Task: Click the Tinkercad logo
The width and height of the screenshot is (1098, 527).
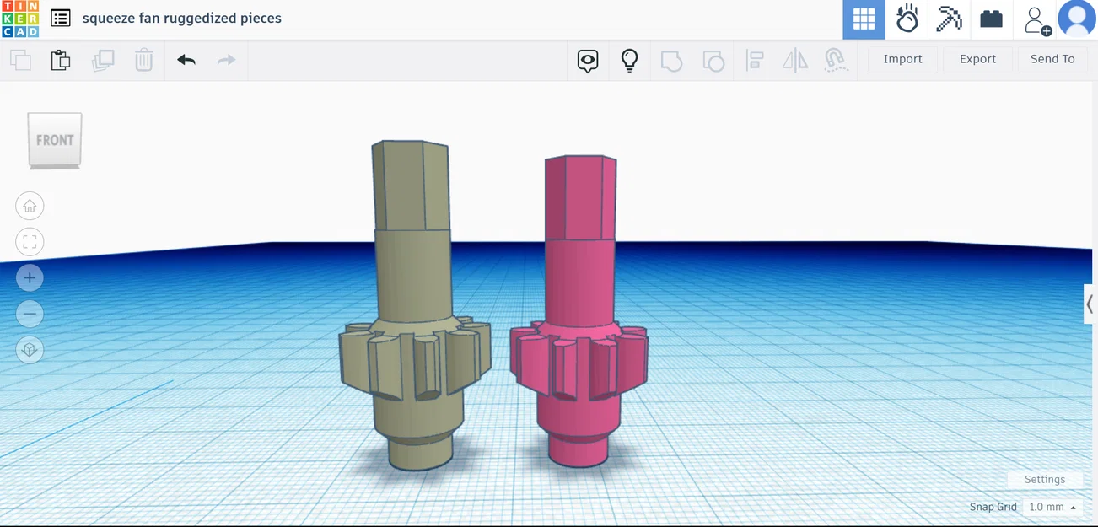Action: [x=20, y=19]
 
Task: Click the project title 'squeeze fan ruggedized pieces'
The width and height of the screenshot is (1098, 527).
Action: [x=181, y=18]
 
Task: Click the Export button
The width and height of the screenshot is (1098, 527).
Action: [x=977, y=59]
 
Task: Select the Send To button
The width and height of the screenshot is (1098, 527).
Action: [x=1052, y=59]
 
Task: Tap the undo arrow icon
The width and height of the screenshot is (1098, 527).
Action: [x=186, y=60]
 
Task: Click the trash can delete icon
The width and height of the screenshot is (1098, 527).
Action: [x=144, y=60]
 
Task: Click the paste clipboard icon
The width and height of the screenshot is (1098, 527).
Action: [x=61, y=60]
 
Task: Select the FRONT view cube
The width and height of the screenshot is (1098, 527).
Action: [x=55, y=140]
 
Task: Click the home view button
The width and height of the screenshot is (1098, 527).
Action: [x=30, y=206]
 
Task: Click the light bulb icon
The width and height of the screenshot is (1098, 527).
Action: [x=629, y=60]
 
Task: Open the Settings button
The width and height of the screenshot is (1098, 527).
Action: [x=1044, y=479]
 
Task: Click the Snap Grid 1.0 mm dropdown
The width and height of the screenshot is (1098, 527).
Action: [x=1052, y=507]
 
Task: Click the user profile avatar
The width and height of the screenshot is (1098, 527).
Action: [x=1077, y=19]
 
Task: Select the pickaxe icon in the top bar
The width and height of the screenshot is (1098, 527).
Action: [x=949, y=19]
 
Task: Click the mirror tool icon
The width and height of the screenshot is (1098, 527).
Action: [x=794, y=60]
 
